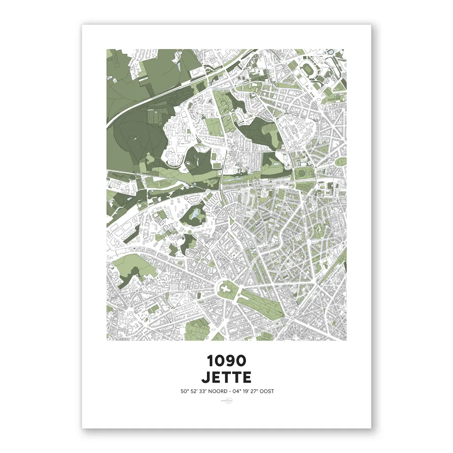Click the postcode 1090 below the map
tap(226, 361)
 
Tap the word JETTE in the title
tap(226, 377)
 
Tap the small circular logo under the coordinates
tap(226, 401)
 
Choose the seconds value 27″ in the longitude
tap(260, 391)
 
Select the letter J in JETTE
tap(206, 377)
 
